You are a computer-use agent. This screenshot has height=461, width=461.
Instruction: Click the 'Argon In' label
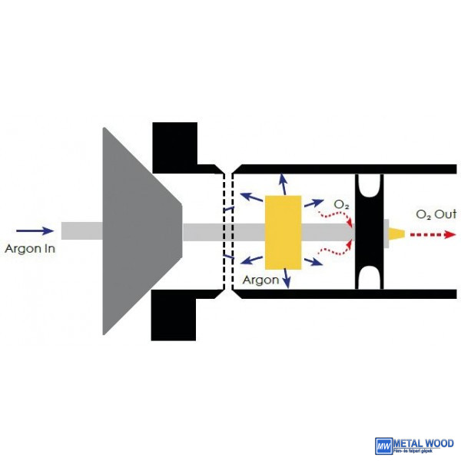coord(30,248)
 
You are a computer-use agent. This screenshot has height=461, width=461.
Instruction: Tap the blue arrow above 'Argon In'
coord(35,230)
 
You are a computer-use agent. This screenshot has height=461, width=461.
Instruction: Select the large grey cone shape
coord(138,230)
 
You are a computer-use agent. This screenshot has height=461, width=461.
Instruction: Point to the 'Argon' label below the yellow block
coord(260,280)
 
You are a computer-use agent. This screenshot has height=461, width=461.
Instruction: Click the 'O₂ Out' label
coord(436,214)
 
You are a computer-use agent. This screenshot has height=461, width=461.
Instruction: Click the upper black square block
coord(174,146)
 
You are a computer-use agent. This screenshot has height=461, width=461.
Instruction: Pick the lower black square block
coord(174,315)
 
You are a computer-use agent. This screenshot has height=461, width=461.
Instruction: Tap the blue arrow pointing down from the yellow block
coord(287,278)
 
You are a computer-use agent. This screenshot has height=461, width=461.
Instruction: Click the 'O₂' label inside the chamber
coord(341,204)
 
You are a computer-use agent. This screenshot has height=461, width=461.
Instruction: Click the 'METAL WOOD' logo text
coord(423,443)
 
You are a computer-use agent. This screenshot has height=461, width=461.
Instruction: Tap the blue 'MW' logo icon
coord(383,446)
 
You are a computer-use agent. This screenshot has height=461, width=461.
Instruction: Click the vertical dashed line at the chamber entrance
coord(224,230)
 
